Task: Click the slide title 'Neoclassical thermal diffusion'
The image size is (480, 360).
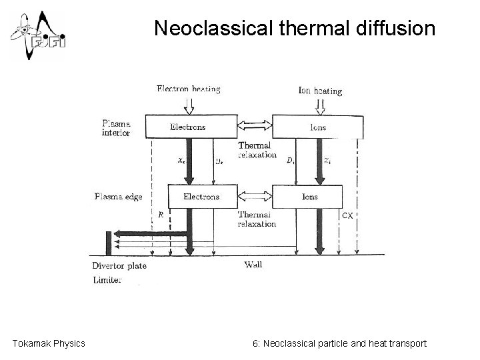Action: pyautogui.click(x=294, y=28)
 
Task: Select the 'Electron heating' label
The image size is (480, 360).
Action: pyautogui.click(x=188, y=89)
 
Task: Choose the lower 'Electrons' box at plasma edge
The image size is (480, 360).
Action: pyautogui.click(x=201, y=197)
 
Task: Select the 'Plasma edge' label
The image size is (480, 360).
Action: pyautogui.click(x=119, y=197)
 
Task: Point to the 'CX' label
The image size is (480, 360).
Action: pyautogui.click(x=348, y=215)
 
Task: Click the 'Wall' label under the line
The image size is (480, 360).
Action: pyautogui.click(x=253, y=265)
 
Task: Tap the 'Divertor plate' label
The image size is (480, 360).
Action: pyautogui.click(x=119, y=266)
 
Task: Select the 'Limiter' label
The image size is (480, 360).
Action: pyautogui.click(x=107, y=281)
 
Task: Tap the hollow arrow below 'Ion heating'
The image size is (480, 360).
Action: pyautogui.click(x=321, y=105)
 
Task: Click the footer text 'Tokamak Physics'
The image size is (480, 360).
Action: pyautogui.click(x=49, y=343)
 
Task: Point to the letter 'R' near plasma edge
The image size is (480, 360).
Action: pyautogui.click(x=161, y=215)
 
